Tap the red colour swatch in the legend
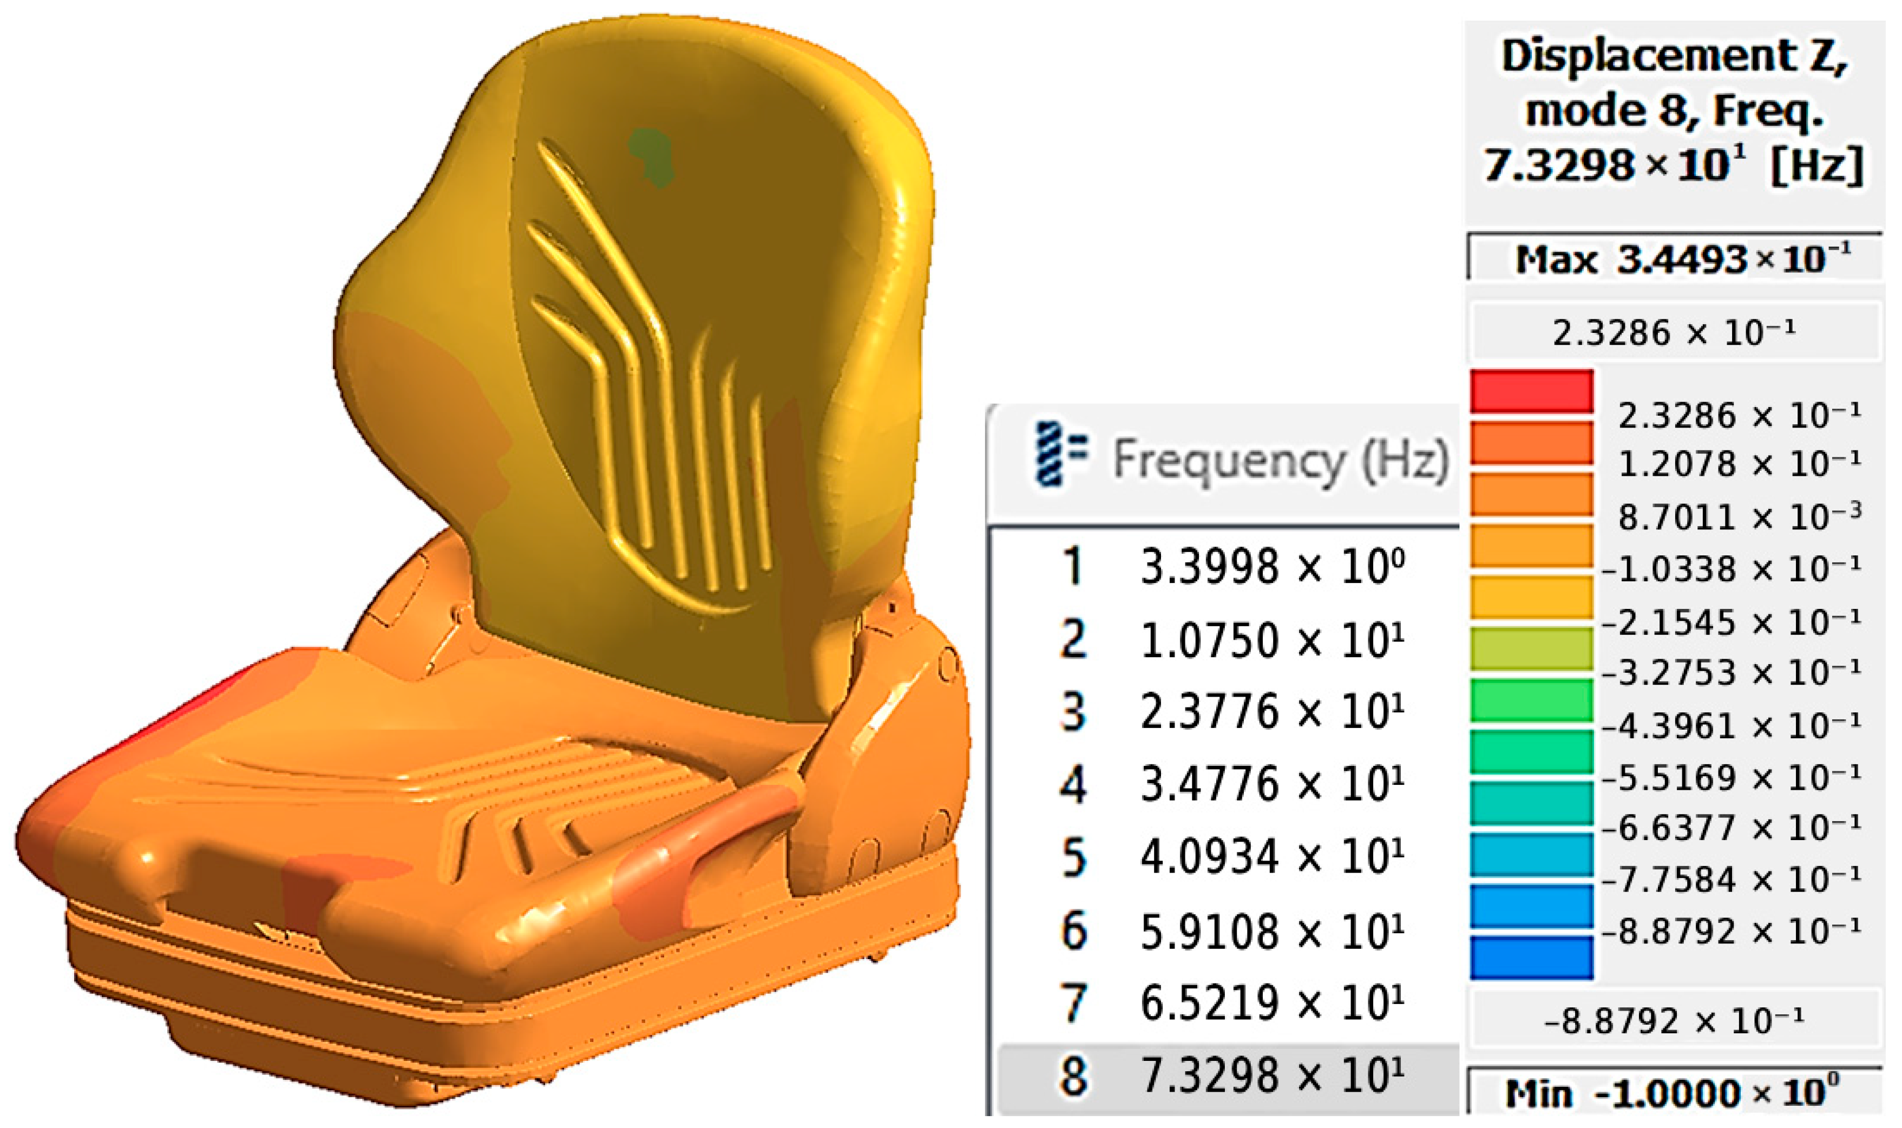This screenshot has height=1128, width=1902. [1531, 391]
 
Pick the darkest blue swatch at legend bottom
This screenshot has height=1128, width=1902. [1531, 958]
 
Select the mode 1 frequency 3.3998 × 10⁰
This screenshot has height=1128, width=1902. [1272, 567]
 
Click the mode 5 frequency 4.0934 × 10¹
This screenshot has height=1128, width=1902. [1272, 857]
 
